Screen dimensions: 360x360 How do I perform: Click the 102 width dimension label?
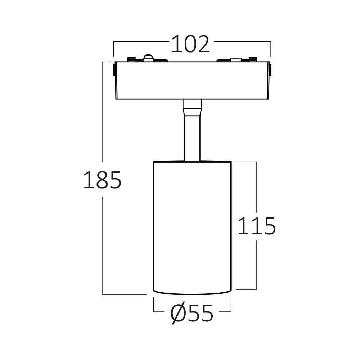pos(190,45)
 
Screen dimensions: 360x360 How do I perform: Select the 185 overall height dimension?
pos(102,180)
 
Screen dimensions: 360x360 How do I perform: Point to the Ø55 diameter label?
pos(192,314)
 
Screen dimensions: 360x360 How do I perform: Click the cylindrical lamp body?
pos(192,227)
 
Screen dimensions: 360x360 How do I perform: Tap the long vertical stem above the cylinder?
pos(192,139)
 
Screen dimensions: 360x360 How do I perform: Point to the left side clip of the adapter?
pos(114,69)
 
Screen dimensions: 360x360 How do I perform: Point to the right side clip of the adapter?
pos(270,69)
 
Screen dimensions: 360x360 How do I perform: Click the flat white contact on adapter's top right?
pos(236,59)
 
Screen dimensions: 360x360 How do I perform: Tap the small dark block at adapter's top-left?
pos(131,59)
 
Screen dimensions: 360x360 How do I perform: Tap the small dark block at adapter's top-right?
pos(253,59)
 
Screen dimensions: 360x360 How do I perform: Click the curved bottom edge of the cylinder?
pos(192,293)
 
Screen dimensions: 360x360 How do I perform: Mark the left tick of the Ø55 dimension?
pos(154,305)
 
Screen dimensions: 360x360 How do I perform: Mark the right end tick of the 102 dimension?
pos(271,49)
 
